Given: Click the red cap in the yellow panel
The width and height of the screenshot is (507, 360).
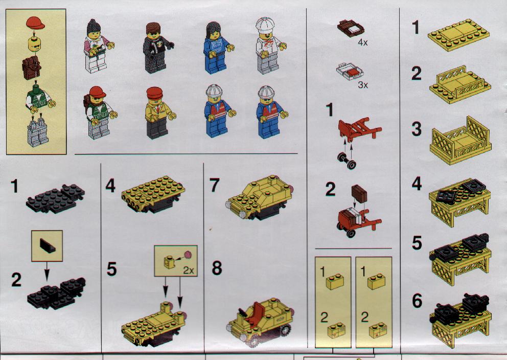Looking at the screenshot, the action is click(35, 23).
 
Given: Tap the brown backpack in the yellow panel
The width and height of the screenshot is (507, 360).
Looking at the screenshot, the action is click(31, 67).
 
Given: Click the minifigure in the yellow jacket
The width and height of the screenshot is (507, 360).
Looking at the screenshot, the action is click(158, 113).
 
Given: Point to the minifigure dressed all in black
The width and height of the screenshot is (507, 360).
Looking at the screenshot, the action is click(156, 48).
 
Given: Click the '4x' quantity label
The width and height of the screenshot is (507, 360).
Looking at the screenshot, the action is click(363, 42).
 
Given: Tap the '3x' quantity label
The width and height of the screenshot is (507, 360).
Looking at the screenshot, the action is click(363, 85).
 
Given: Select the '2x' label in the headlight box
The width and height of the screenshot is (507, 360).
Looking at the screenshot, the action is click(188, 271).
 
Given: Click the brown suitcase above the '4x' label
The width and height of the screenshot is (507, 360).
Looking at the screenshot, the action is click(351, 28).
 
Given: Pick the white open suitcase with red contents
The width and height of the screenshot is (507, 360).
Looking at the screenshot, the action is click(350, 71).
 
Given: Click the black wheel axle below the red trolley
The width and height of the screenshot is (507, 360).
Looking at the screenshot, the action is click(347, 161).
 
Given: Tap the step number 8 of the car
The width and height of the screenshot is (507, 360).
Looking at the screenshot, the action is click(217, 268).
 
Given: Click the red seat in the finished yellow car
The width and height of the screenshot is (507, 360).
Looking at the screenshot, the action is click(258, 311).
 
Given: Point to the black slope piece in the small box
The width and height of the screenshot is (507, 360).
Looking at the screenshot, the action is click(47, 245).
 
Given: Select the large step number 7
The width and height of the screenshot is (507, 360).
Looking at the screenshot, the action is click(214, 185).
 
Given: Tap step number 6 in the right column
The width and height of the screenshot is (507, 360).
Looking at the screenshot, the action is click(417, 301).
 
